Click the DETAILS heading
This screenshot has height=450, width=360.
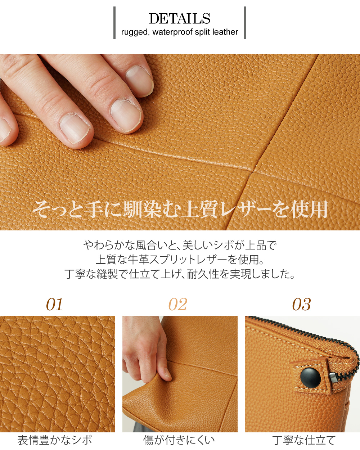point(179,18)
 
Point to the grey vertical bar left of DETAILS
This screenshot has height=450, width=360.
point(114,23)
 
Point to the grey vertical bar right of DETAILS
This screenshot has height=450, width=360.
point(245,23)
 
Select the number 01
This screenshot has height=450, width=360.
point(54,305)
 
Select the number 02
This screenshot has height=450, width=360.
point(178,305)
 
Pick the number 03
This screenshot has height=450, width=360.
point(301,305)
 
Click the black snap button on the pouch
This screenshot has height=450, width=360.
point(310,377)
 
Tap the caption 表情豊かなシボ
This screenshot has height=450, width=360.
point(55,440)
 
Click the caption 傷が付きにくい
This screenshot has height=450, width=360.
point(179,440)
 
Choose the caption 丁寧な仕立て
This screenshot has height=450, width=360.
point(304,440)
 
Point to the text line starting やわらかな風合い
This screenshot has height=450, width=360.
point(180,245)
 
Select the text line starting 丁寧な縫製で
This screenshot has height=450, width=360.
point(180,274)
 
